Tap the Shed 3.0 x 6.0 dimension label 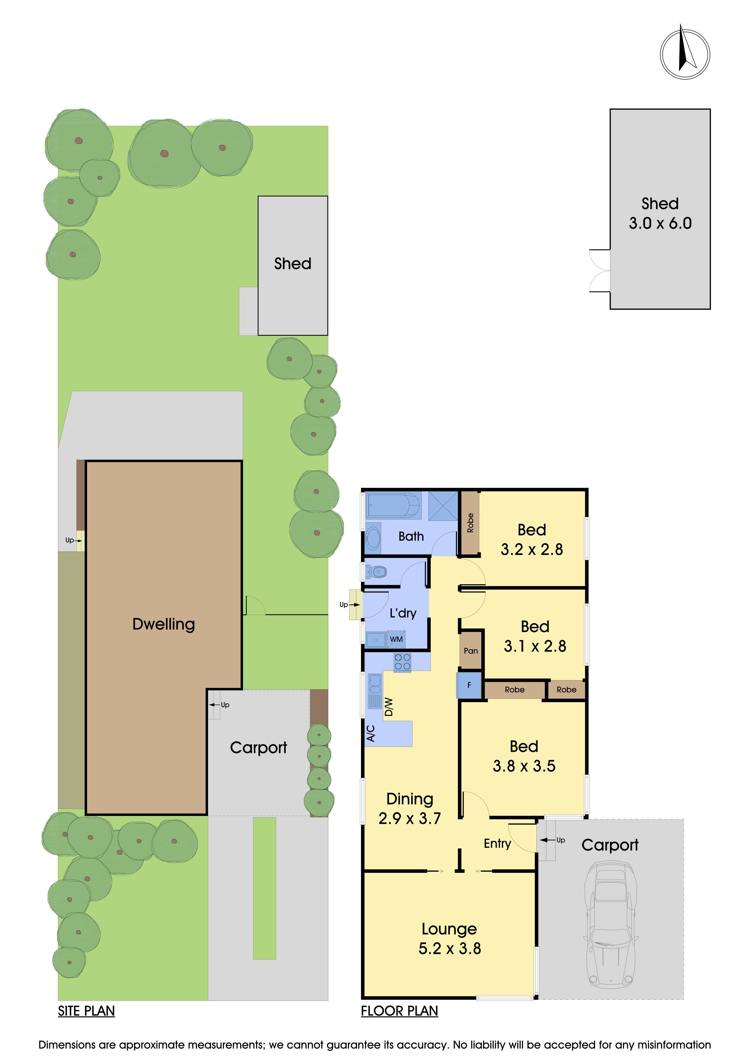(x=660, y=213)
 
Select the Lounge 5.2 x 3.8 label (x=450, y=938)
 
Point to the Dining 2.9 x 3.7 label (x=410, y=808)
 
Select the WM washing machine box (x=396, y=639)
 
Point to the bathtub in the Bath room (x=393, y=505)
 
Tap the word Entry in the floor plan (x=497, y=844)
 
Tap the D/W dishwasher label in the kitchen (x=389, y=707)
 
